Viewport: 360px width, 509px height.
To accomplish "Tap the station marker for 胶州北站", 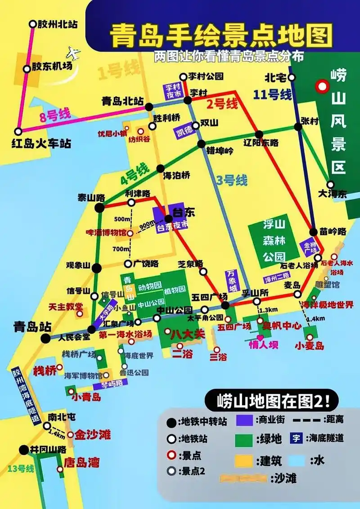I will [32, 24].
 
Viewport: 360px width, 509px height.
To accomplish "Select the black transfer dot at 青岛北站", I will [149, 107].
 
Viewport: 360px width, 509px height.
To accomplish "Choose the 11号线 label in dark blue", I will [272, 94].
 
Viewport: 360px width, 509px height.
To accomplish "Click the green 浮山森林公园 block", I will [274, 241].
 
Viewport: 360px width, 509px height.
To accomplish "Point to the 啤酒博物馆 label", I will [107, 233].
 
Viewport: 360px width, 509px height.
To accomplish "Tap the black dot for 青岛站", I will [45, 339].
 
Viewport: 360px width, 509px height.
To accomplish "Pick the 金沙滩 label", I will [93, 434].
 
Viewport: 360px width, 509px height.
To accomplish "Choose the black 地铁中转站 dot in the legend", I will [171, 422].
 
